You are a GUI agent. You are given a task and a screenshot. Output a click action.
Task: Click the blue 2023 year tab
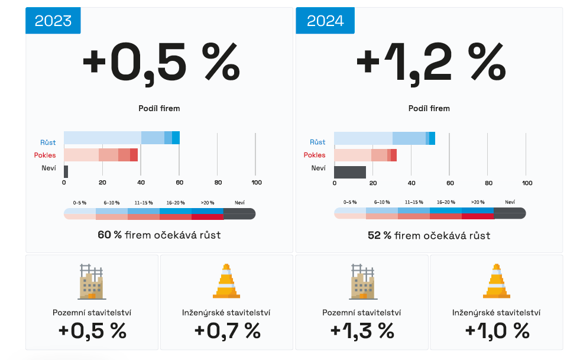pyautogui.click(x=53, y=21)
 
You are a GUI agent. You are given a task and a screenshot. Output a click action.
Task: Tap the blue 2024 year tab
pyautogui.click(x=325, y=21)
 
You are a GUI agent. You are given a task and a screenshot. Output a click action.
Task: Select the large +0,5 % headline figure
pyautogui.click(x=161, y=61)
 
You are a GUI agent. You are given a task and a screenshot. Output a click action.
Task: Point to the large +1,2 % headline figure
pyautogui.click(x=430, y=61)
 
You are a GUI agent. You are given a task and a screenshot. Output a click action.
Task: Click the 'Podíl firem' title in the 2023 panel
pyautogui.click(x=159, y=108)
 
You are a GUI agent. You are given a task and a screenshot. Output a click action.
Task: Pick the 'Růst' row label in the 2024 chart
pyautogui.click(x=317, y=142)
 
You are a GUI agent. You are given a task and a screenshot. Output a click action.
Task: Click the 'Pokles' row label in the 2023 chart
pyautogui.click(x=45, y=155)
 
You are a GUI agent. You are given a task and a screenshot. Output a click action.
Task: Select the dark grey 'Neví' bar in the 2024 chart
pyautogui.click(x=350, y=172)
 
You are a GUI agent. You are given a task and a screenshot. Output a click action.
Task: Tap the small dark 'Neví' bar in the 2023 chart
pyautogui.click(x=66, y=172)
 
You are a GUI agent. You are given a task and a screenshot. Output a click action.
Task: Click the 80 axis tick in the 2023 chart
pyautogui.click(x=218, y=182)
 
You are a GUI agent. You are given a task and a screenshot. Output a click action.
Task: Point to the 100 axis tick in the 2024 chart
pyautogui.click(x=526, y=183)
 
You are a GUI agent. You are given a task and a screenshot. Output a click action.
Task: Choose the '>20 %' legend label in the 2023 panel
pyautogui.click(x=207, y=202)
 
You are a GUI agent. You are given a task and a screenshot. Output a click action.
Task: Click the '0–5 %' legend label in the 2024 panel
pyautogui.click(x=350, y=202)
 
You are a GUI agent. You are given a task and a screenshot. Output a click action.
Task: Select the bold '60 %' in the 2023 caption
pyautogui.click(x=110, y=235)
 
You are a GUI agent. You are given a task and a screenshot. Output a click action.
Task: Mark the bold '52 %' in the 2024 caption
pyautogui.click(x=380, y=235)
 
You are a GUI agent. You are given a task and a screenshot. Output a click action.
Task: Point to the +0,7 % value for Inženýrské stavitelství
pyautogui.click(x=227, y=331)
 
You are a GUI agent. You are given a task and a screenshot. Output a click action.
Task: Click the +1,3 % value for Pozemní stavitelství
pyautogui.click(x=362, y=331)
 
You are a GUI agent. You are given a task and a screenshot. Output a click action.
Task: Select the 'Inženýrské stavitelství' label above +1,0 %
pyautogui.click(x=496, y=313)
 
